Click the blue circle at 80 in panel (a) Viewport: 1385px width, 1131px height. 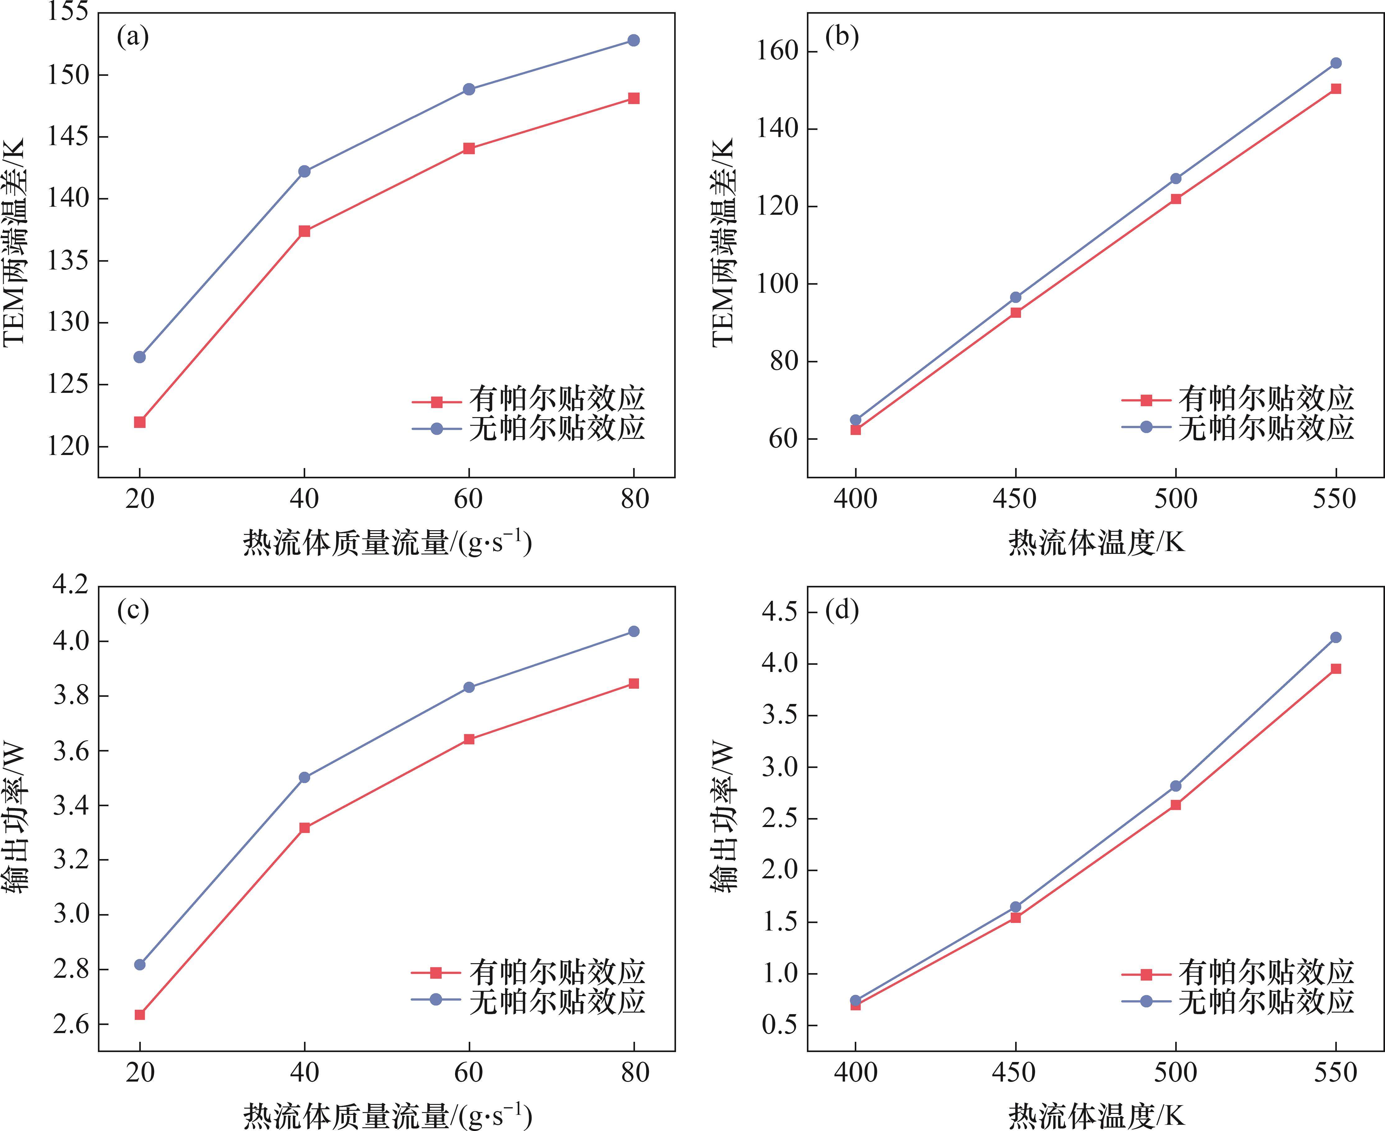tap(633, 40)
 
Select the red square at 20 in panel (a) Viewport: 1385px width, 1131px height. tap(140, 422)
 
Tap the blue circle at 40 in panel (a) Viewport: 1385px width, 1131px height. tap(304, 171)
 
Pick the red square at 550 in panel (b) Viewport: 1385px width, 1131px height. tap(1336, 89)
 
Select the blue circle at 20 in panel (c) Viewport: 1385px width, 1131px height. tap(140, 964)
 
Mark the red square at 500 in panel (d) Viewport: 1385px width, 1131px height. tap(1175, 805)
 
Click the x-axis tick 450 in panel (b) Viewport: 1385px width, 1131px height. tap(1015, 499)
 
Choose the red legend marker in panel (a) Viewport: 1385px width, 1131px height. tap(436, 402)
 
